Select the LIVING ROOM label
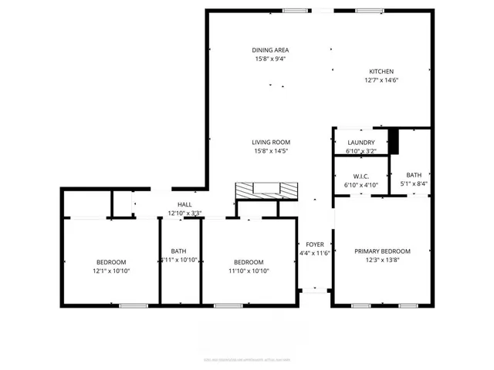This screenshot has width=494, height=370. click(x=270, y=142)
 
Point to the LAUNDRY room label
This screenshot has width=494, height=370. click(x=360, y=143)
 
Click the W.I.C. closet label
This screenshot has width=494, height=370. click(x=360, y=175)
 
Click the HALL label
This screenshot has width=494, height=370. click(x=184, y=204)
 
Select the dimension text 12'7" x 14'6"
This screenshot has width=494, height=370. click(x=381, y=80)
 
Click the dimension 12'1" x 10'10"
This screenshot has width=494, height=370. click(x=111, y=271)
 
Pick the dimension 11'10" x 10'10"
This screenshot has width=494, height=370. click(x=249, y=271)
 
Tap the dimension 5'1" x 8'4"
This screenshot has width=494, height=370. click(x=414, y=184)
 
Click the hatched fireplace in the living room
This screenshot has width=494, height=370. click(x=266, y=190)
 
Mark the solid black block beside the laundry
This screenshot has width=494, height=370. click(x=394, y=141)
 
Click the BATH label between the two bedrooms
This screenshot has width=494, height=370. click(x=178, y=251)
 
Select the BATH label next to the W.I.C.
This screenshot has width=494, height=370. click(x=414, y=175)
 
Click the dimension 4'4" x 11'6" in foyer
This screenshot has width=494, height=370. click(x=314, y=253)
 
